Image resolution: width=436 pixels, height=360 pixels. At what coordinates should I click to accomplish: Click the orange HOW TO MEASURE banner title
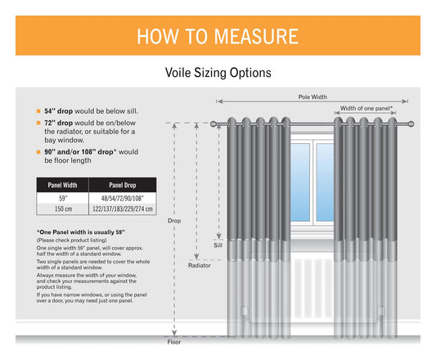pyautogui.click(x=217, y=36)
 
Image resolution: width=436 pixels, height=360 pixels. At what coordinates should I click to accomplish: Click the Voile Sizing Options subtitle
pyautogui.click(x=218, y=73)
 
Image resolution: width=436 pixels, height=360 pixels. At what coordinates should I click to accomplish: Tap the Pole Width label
pyautogui.click(x=311, y=97)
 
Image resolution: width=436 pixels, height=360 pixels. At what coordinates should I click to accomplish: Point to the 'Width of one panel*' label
pyautogui.click(x=366, y=108)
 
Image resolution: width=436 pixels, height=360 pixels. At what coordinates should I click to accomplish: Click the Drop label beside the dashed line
pyautogui.click(x=174, y=221)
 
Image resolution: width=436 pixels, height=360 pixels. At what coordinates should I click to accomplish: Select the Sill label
pyautogui.click(x=218, y=245)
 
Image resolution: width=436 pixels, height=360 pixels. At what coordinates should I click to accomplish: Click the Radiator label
pyautogui.click(x=200, y=265)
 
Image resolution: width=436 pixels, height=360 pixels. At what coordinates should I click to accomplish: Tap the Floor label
pyautogui.click(x=173, y=343)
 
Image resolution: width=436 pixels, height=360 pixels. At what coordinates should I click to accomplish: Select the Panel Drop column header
pyautogui.click(x=122, y=185)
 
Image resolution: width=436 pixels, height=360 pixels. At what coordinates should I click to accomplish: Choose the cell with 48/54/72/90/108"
pyautogui.click(x=122, y=198)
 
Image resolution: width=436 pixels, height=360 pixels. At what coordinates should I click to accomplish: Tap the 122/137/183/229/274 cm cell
pyautogui.click(x=122, y=209)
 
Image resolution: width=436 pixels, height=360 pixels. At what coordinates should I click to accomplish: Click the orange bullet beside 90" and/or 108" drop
pyautogui.click(x=38, y=152)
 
